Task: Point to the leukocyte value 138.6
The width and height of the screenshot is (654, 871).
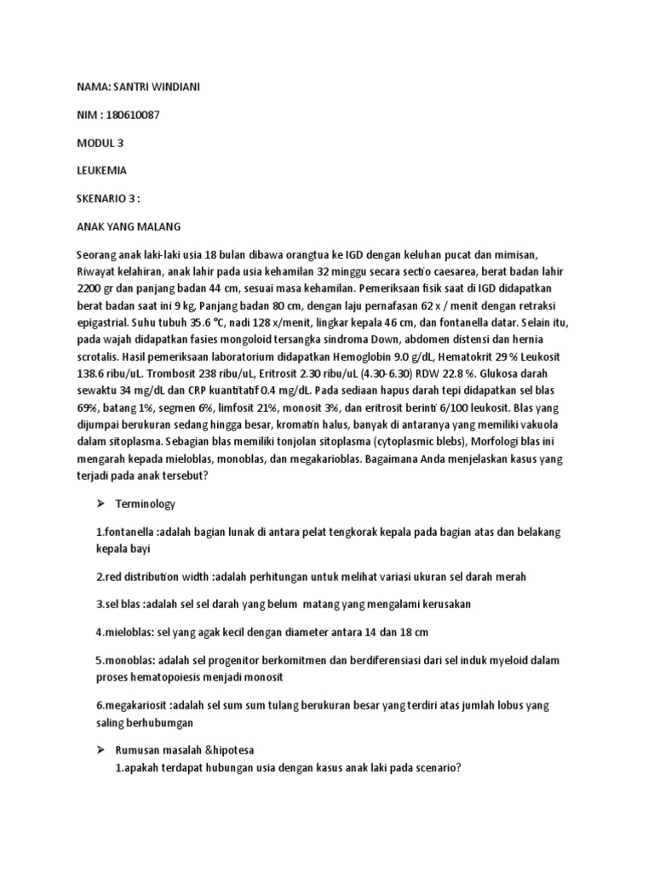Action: pyautogui.click(x=95, y=384)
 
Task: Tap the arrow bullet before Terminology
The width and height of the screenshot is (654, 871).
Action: pyautogui.click(x=100, y=504)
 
